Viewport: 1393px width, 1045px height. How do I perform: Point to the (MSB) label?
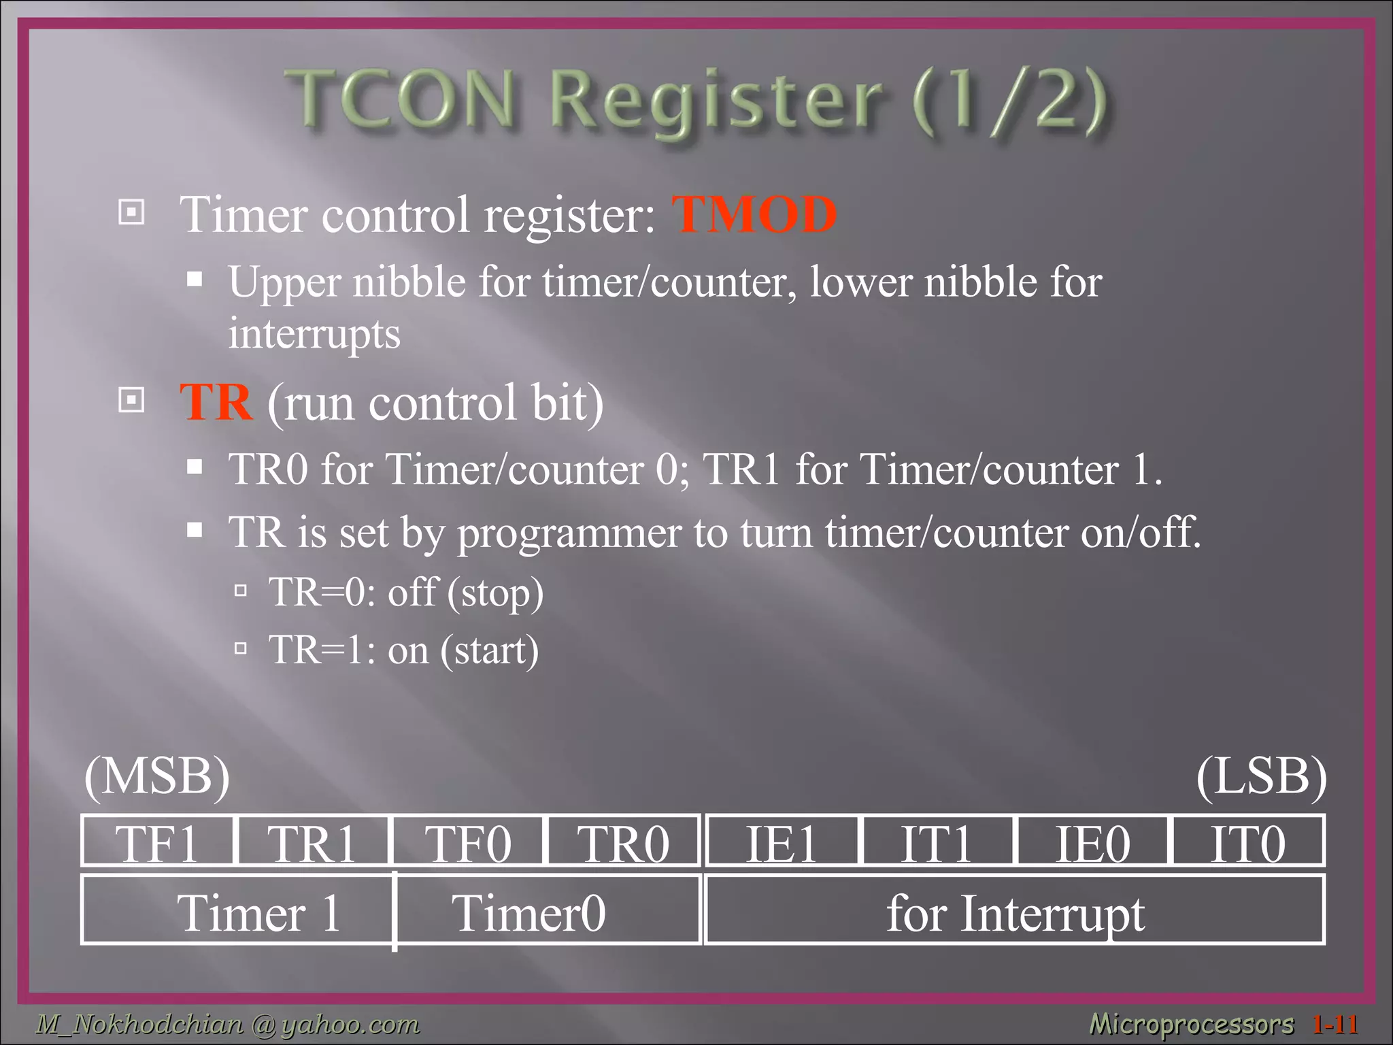157,776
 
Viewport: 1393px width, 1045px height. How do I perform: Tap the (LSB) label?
1261,776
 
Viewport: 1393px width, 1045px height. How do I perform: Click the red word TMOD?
754,214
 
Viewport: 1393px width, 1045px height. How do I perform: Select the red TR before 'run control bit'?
216,402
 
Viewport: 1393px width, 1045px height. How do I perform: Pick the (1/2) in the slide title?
1009,102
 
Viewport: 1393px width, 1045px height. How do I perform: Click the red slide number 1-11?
1336,1023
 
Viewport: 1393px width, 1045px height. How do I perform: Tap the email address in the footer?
228,1023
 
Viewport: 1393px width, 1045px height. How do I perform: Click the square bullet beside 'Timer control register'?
131,212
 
